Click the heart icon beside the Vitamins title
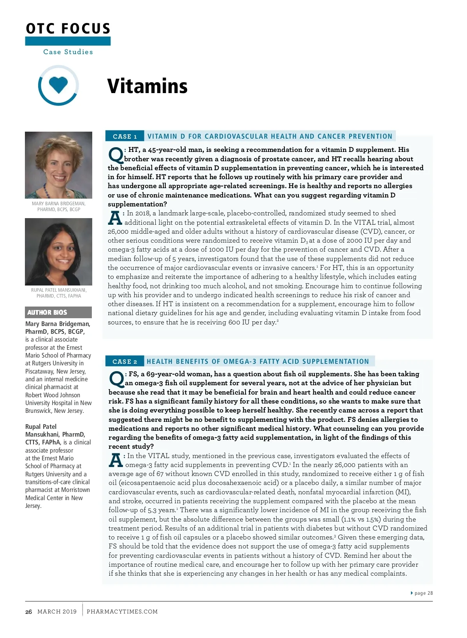[x=58, y=85]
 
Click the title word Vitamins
[x=147, y=86]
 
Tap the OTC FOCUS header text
[x=68, y=28]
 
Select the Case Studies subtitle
[x=68, y=52]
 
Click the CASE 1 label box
[x=125, y=136]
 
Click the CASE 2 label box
[x=125, y=361]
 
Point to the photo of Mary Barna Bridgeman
[x=58, y=165]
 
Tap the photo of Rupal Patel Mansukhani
[x=58, y=252]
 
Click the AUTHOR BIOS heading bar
[x=58, y=312]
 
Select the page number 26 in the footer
[x=28, y=612]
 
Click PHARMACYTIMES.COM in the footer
[x=122, y=612]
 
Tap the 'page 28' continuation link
[x=423, y=593]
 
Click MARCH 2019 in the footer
[x=57, y=612]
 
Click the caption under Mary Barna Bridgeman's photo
[x=58, y=206]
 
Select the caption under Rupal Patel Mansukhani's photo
[x=58, y=293]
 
